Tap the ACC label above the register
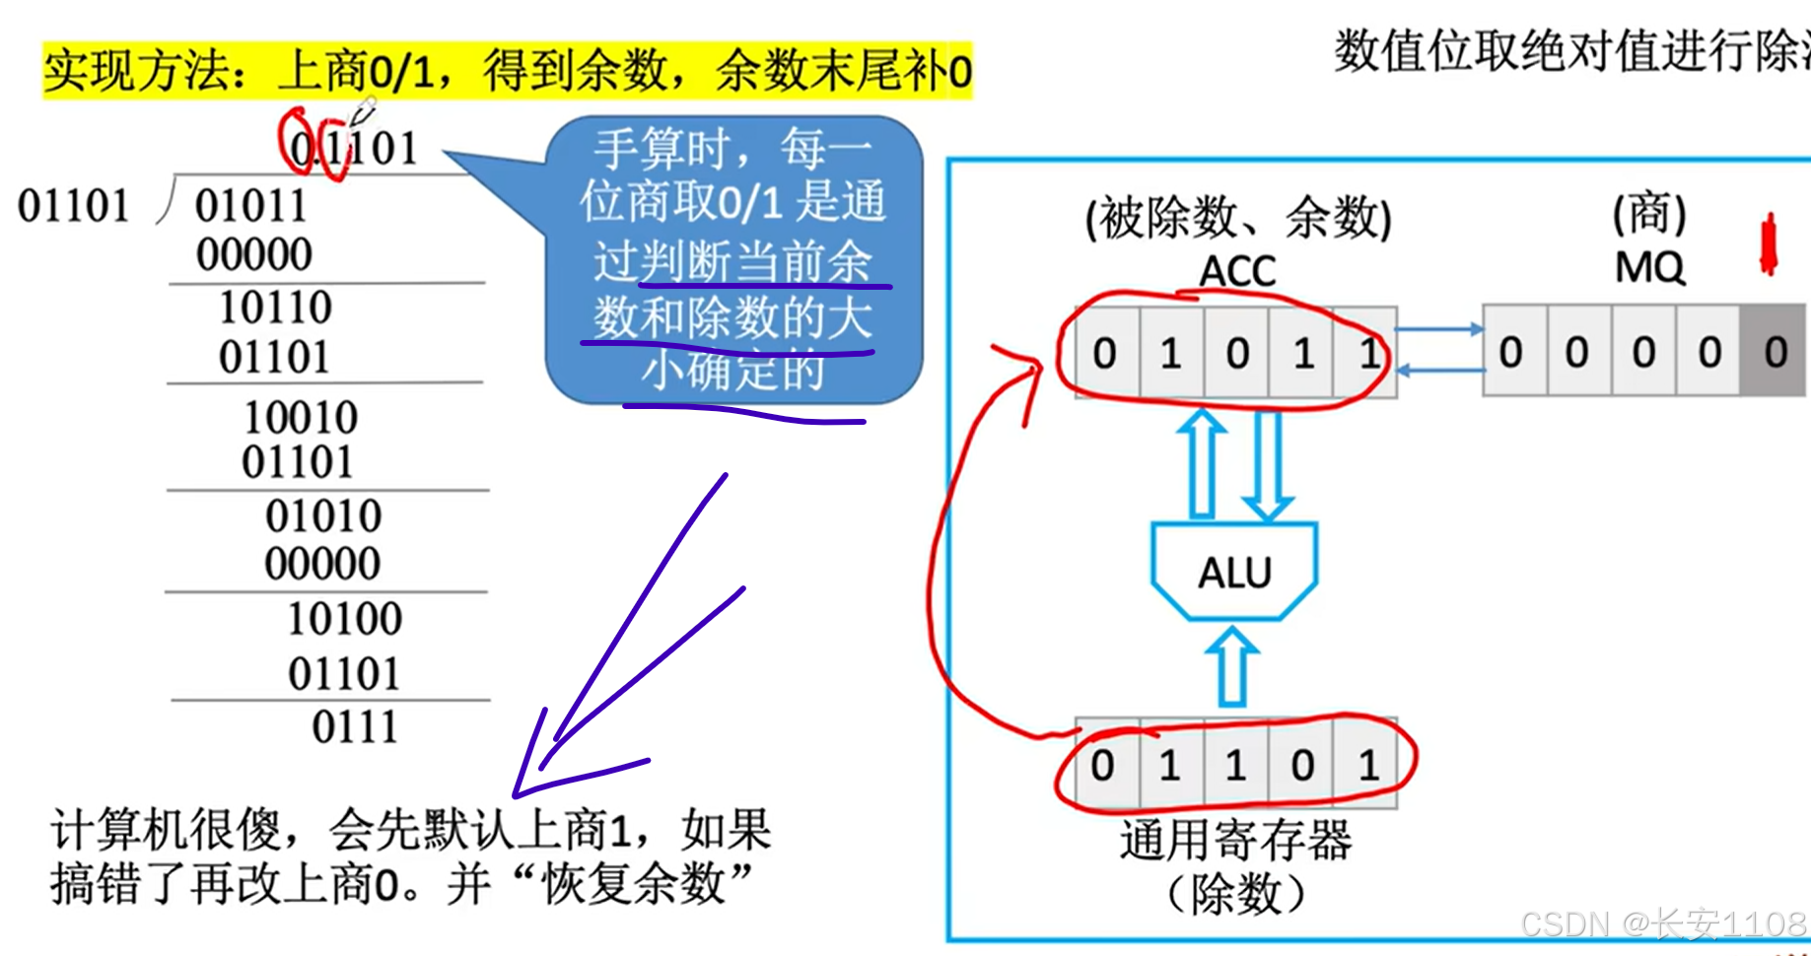pos(1237,271)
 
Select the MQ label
pos(1649,267)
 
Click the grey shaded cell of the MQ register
pos(1774,352)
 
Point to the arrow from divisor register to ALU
pos(1232,668)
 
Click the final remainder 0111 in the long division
pos(355,727)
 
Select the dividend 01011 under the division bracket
pos(250,206)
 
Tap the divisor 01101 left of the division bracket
pos(74,206)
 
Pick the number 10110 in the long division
pos(275,307)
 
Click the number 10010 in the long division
pos(301,417)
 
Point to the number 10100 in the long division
pos(344,619)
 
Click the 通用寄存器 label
pos(1235,841)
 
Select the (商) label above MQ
pos(1649,214)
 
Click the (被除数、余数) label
pos(1237,218)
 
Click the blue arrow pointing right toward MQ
pos(1440,330)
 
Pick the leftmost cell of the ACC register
pos(1105,353)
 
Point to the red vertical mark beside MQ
pos(1769,244)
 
